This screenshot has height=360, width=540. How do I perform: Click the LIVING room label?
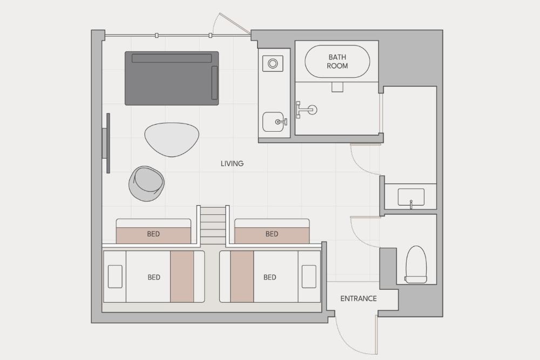(x=232, y=164)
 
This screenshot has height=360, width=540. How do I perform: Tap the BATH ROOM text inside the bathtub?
(x=337, y=62)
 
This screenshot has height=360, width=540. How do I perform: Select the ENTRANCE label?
(x=359, y=298)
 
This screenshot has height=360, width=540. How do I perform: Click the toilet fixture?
(x=416, y=264)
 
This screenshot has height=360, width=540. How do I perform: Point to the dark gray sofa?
(x=172, y=78)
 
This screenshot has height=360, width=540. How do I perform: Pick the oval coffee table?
(x=172, y=139)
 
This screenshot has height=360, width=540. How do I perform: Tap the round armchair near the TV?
(x=146, y=184)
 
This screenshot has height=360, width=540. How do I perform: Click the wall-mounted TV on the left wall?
(x=107, y=143)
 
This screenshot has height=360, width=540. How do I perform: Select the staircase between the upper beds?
(x=213, y=225)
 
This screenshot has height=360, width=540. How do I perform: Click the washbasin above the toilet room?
(x=411, y=198)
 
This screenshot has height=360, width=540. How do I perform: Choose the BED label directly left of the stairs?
(x=153, y=234)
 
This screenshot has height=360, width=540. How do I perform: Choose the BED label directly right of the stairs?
(x=272, y=234)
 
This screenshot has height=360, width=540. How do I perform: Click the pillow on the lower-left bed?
(x=115, y=276)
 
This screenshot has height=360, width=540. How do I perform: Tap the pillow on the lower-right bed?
(x=309, y=276)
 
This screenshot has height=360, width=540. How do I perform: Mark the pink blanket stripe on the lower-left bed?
(x=182, y=276)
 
